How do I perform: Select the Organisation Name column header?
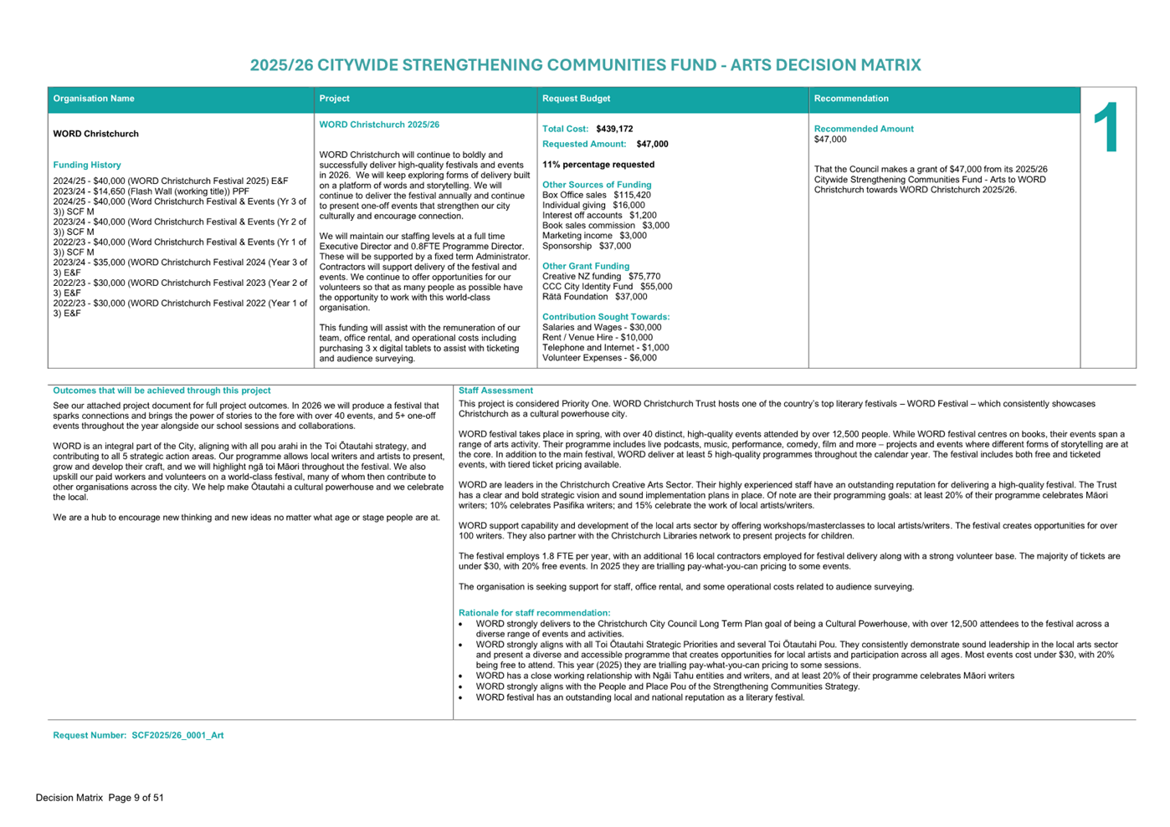[x=94, y=99]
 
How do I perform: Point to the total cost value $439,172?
[x=614, y=129]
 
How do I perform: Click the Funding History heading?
[x=87, y=165]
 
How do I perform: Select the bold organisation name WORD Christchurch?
[x=96, y=134]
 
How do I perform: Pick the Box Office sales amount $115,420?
[x=632, y=195]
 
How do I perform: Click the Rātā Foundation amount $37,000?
[x=631, y=297]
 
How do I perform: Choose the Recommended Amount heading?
[x=864, y=129]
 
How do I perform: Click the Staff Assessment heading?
[x=495, y=391]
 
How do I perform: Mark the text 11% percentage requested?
[x=598, y=165]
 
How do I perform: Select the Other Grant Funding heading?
[x=586, y=266]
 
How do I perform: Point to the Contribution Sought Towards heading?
[x=606, y=317]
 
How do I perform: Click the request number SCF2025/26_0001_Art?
[x=177, y=736]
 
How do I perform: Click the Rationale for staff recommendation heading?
[x=534, y=613]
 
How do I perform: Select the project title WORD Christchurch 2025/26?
[x=379, y=125]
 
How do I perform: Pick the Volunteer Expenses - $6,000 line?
[x=599, y=358]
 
